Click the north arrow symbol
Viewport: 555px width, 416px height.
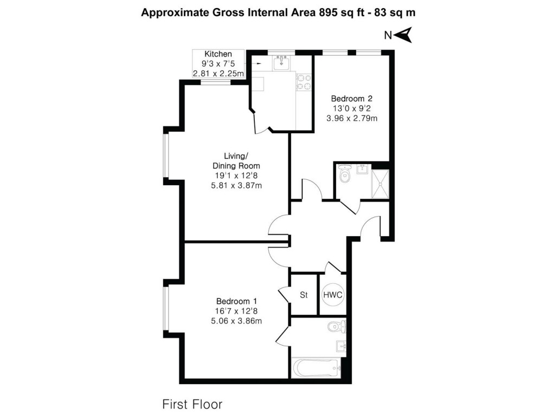404,36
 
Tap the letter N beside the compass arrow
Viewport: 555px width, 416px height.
388,36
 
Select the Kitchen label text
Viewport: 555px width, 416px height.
218,54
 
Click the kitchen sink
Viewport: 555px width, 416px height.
281,63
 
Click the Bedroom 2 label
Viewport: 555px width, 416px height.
351,99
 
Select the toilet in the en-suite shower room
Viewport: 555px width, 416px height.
344,175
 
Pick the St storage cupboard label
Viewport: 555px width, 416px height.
304,295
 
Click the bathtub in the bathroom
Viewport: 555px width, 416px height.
316,368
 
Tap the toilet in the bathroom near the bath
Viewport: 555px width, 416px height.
336,326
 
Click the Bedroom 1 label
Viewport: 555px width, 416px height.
236,301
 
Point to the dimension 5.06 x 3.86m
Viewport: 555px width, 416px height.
236,321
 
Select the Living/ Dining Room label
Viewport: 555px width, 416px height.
236,161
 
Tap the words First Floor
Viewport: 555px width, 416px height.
192,404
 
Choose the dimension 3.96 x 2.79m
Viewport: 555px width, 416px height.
351,118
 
